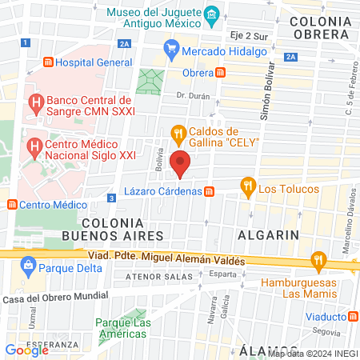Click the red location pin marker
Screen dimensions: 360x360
click(x=182, y=163)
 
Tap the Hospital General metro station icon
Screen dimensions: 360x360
click(x=49, y=62)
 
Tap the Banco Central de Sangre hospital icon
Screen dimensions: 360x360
click(x=35, y=102)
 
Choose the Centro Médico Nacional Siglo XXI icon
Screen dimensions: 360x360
click(x=35, y=146)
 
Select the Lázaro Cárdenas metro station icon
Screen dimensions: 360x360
click(x=209, y=191)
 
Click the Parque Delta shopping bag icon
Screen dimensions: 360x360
click(x=29, y=264)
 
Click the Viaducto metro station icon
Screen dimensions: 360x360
click(x=353, y=315)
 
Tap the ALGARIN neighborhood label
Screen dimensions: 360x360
click(x=268, y=234)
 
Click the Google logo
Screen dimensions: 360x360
click(x=26, y=350)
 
